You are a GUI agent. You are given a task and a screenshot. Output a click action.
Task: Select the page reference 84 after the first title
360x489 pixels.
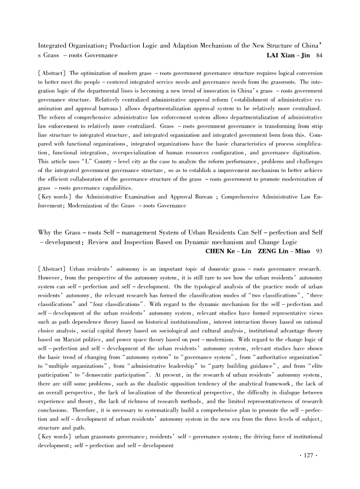click(x=319, y=55)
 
